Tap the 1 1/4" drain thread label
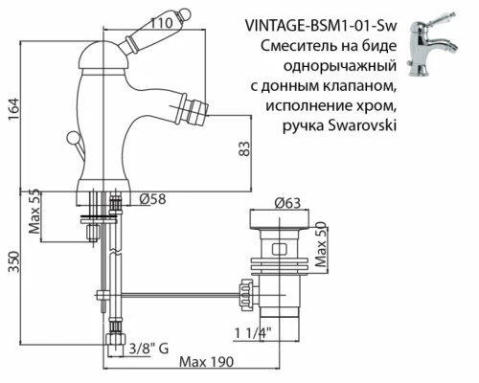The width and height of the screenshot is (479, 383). coord(250,333)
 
